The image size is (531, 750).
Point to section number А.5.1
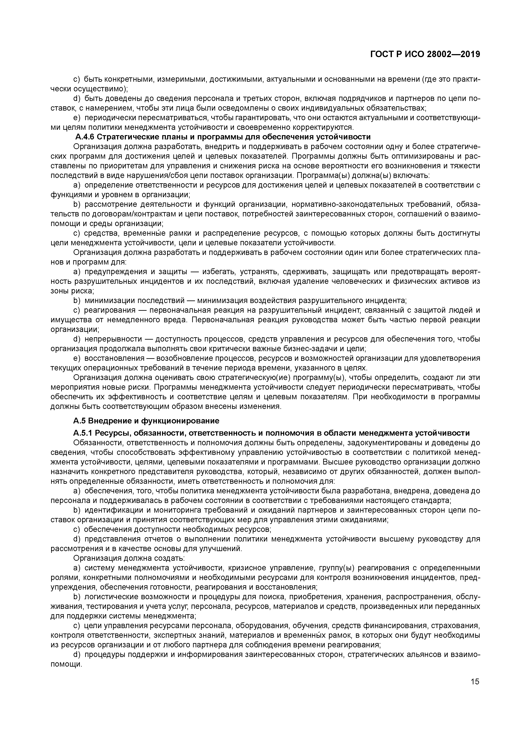(83, 433)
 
